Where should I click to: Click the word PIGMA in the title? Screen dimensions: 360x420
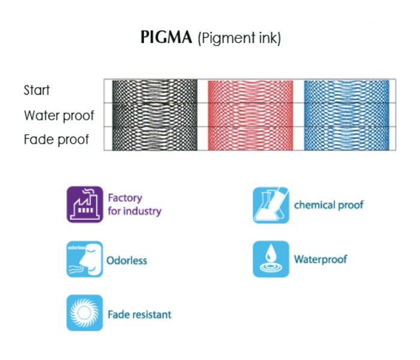166,38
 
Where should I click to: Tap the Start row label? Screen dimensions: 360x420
37,90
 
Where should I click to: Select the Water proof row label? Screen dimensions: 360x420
59,115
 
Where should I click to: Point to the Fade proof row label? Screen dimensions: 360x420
56,140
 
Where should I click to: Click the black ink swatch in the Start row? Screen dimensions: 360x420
155,91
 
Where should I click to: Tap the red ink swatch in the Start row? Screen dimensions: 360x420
250,91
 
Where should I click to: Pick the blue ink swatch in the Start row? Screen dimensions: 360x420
346,91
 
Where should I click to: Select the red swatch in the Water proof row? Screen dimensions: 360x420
250,115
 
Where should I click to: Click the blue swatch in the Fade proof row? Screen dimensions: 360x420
346,139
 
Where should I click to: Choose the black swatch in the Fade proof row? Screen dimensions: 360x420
155,139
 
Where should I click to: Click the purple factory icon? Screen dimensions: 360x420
84,204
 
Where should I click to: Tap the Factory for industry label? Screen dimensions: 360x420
134,204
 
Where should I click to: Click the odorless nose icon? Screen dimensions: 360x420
84,259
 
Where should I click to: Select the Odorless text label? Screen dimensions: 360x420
126,261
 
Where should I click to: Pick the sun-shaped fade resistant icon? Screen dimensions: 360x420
84,313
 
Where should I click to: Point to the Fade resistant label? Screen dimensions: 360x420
139,314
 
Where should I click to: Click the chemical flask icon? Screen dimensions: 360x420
271,205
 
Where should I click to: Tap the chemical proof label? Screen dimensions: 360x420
328,205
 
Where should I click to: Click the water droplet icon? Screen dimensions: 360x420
271,259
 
